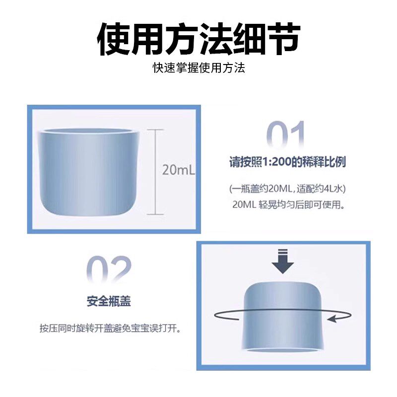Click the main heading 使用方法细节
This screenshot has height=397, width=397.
pyautogui.click(x=198, y=38)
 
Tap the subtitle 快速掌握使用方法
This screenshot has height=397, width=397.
pyautogui.click(x=198, y=67)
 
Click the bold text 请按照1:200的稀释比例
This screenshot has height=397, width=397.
pyautogui.click(x=287, y=162)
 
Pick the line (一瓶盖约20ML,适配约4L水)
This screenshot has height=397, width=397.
pyautogui.click(x=287, y=189)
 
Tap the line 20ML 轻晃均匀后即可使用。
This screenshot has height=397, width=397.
pyautogui.click(x=287, y=204)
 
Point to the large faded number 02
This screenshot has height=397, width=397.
pyautogui.click(x=109, y=271)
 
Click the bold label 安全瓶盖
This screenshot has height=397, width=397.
pyautogui.click(x=109, y=301)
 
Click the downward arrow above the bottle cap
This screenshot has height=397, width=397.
pyautogui.click(x=283, y=261)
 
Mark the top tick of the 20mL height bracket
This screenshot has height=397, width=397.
pyautogui.click(x=155, y=130)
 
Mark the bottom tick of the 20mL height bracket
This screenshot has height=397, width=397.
pyautogui.click(x=155, y=214)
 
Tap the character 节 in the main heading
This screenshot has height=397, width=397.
pyautogui.click(x=283, y=38)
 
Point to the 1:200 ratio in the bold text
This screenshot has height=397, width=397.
pyautogui.click(x=275, y=162)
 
